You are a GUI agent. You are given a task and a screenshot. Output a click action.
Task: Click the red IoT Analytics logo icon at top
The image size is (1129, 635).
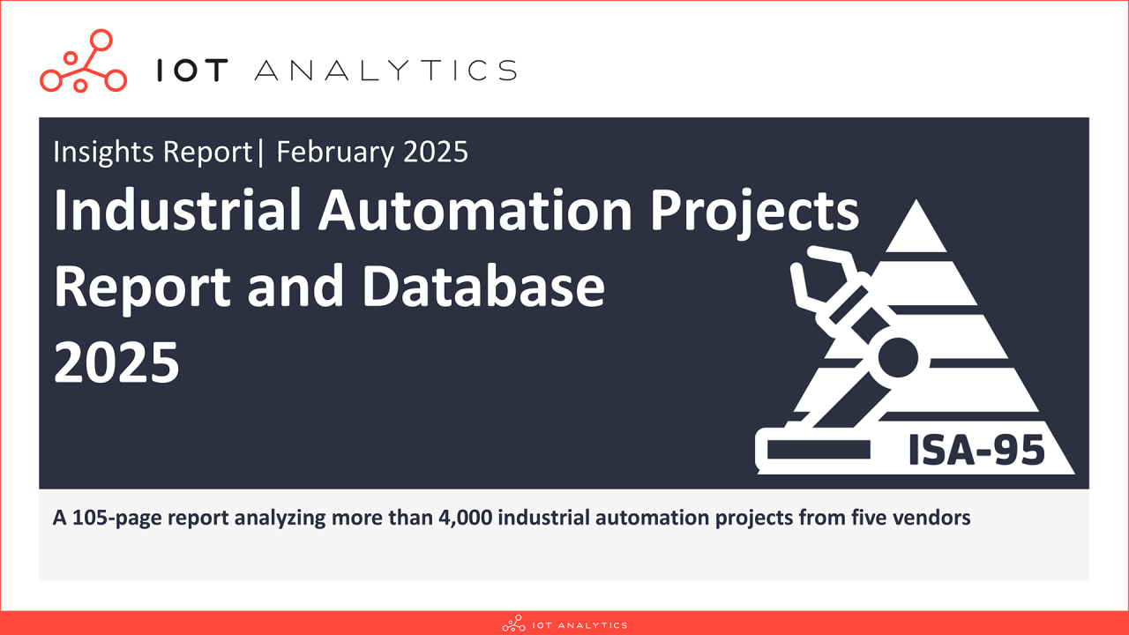(x=83, y=62)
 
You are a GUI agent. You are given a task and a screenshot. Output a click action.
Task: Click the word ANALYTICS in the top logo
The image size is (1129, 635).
(x=385, y=71)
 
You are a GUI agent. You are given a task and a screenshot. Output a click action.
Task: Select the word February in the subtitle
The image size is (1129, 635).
(x=336, y=153)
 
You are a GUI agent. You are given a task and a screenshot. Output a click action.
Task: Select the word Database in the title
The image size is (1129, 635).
(x=484, y=288)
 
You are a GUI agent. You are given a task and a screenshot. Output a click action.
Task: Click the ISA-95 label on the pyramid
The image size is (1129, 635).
(x=976, y=451)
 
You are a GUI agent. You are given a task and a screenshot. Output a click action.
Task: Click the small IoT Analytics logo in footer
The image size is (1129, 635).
(x=564, y=624)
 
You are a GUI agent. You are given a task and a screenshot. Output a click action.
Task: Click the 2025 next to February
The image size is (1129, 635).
(x=434, y=153)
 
